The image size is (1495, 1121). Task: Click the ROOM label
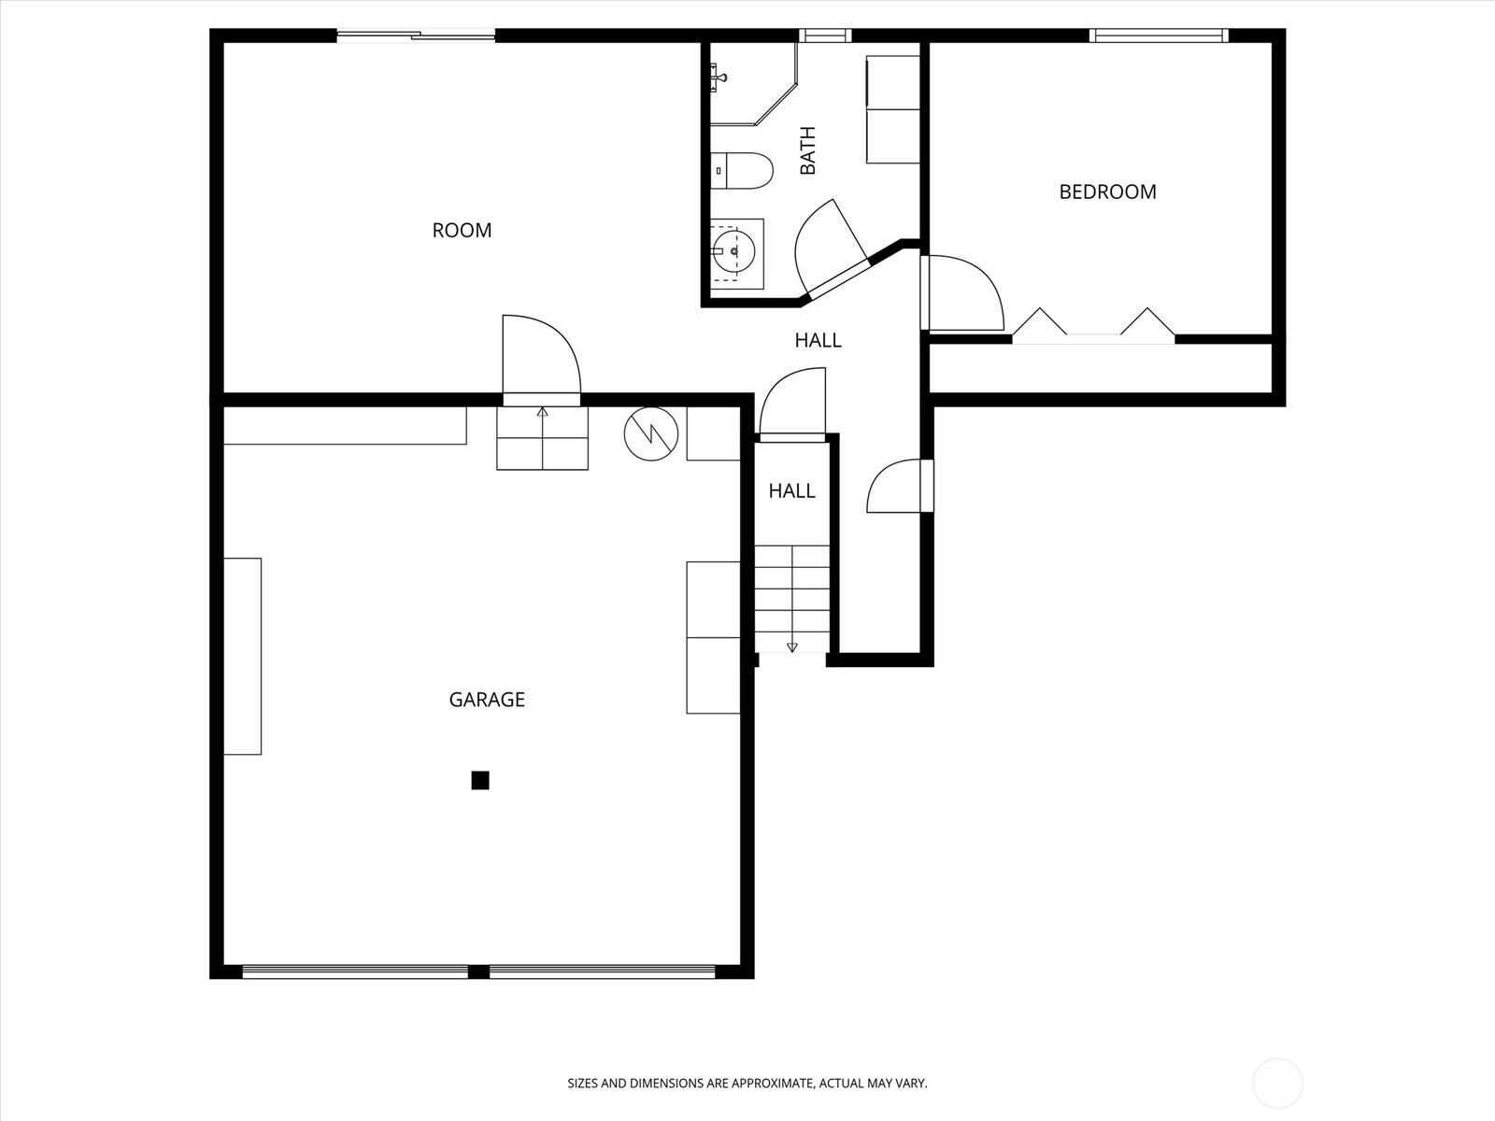click(462, 230)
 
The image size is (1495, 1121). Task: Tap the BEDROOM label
click(1107, 192)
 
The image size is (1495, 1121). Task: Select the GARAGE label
click(487, 700)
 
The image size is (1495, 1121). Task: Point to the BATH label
click(807, 150)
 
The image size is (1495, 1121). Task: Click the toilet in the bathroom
click(742, 171)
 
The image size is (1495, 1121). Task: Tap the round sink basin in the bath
click(734, 252)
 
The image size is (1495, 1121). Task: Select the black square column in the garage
click(480, 780)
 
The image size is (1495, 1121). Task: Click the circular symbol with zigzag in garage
click(651, 433)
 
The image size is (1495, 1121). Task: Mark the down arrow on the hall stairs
click(792, 646)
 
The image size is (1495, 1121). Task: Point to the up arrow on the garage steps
click(542, 412)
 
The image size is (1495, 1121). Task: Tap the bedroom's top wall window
click(1159, 35)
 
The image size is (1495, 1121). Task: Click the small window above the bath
click(825, 35)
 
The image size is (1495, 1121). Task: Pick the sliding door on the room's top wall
click(416, 35)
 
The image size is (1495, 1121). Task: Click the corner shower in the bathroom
click(752, 84)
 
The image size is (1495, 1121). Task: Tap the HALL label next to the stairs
click(792, 490)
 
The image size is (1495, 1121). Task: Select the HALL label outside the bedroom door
click(818, 340)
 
